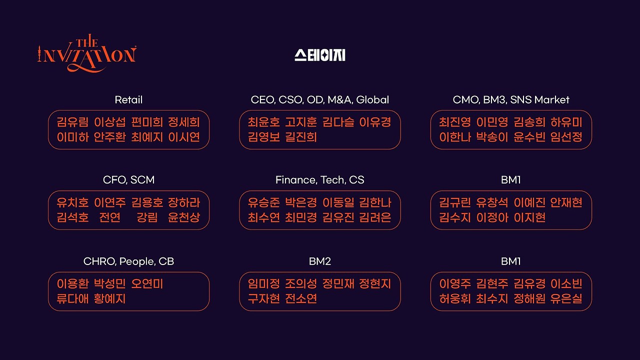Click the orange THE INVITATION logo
click(x=86, y=54)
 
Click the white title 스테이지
click(x=320, y=55)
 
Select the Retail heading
click(x=128, y=100)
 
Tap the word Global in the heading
click(x=372, y=100)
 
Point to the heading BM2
click(x=320, y=261)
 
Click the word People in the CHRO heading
click(x=137, y=261)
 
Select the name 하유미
click(x=566, y=122)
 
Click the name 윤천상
click(x=184, y=217)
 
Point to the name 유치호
click(x=72, y=202)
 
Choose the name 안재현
click(x=566, y=202)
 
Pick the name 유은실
click(x=566, y=299)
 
